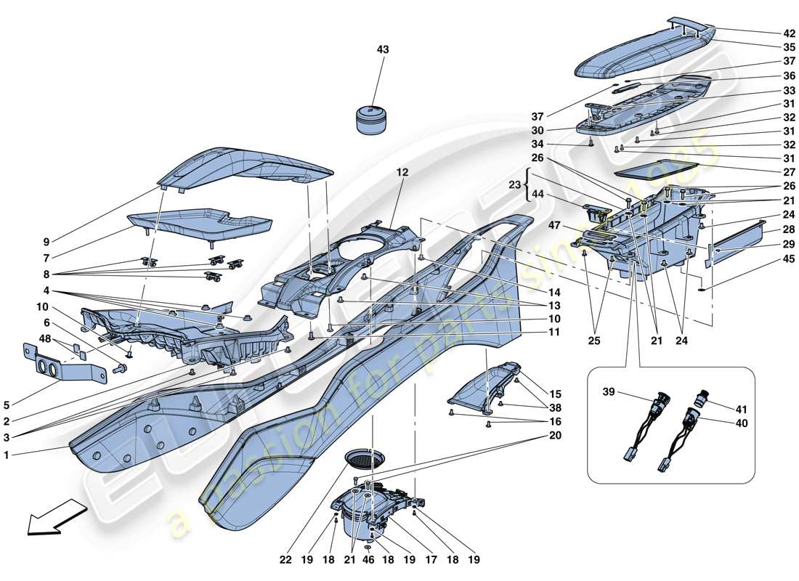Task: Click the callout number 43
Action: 382,50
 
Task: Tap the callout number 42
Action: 789,33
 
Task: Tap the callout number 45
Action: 789,259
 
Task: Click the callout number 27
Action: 789,173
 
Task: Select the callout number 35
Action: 789,46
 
